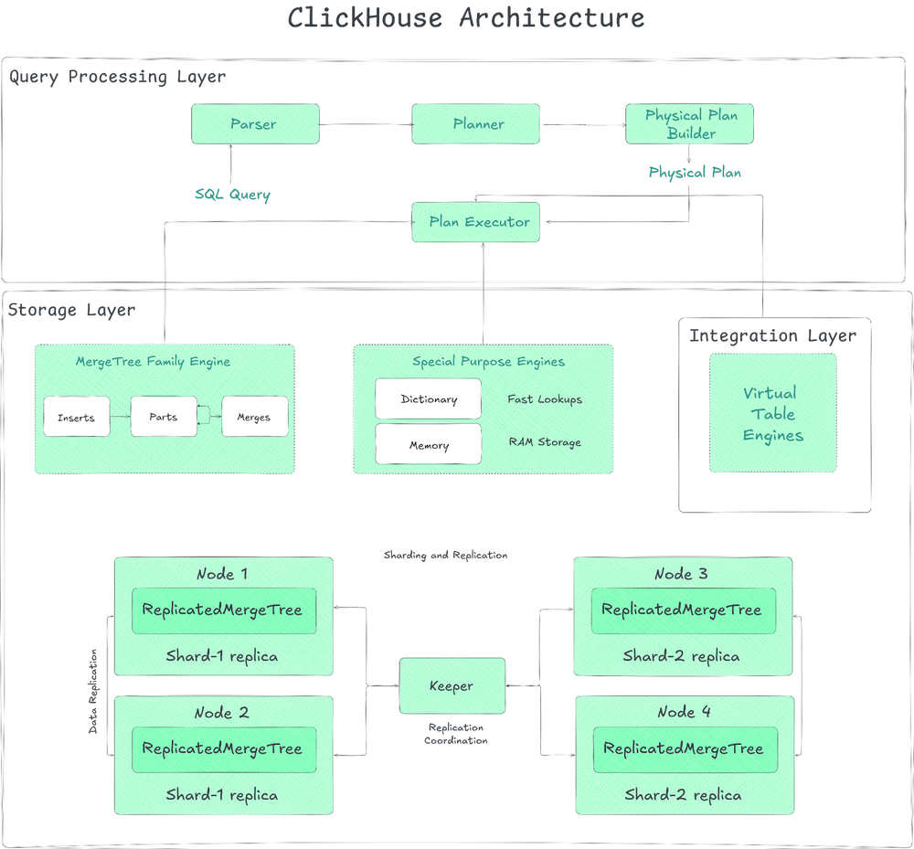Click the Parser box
click(x=255, y=124)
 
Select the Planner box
click(x=477, y=124)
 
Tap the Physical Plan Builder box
click(x=689, y=124)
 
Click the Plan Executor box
click(x=475, y=222)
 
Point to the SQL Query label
click(x=233, y=195)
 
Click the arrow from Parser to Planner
click(x=365, y=124)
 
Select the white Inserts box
click(x=76, y=417)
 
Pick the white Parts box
click(x=163, y=417)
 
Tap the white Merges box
click(x=254, y=417)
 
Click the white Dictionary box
click(x=428, y=399)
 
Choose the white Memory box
click(x=428, y=445)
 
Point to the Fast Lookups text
click(x=545, y=399)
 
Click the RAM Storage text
click(x=545, y=442)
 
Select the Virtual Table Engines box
click(x=772, y=413)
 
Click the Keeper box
click(x=452, y=686)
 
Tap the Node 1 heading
click(x=222, y=574)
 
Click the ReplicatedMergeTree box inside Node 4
click(x=684, y=748)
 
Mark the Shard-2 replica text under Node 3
click(x=681, y=656)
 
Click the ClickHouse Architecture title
click(x=466, y=18)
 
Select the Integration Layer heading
click(x=773, y=335)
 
